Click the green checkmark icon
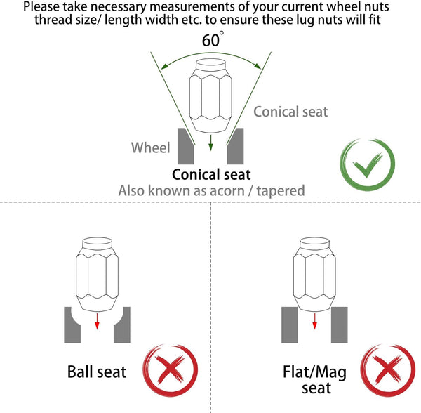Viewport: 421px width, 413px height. tap(367, 165)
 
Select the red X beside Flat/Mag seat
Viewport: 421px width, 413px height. tap(388, 370)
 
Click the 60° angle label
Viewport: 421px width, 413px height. tap(213, 39)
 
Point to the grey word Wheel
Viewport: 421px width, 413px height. tap(151, 147)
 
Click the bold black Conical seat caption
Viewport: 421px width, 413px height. tap(211, 174)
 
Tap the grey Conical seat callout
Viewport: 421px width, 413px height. tap(290, 112)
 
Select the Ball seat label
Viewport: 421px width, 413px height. tap(97, 372)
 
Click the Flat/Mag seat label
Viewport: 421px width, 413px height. tap(314, 380)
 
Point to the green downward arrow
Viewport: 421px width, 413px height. tap(210, 143)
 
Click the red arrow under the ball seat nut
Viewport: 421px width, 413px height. tap(98, 321)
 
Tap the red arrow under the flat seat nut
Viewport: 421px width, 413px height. tap(314, 321)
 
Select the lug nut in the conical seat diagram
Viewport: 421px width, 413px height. tap(210, 96)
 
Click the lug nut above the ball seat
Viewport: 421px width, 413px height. tap(98, 275)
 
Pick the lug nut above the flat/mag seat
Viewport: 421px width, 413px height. tap(314, 275)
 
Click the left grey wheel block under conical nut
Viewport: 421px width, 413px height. tap(185, 146)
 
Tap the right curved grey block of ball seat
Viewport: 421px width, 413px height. tap(122, 326)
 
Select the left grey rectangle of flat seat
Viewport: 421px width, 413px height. tap(290, 325)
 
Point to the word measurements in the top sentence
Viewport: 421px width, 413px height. tap(192, 6)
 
